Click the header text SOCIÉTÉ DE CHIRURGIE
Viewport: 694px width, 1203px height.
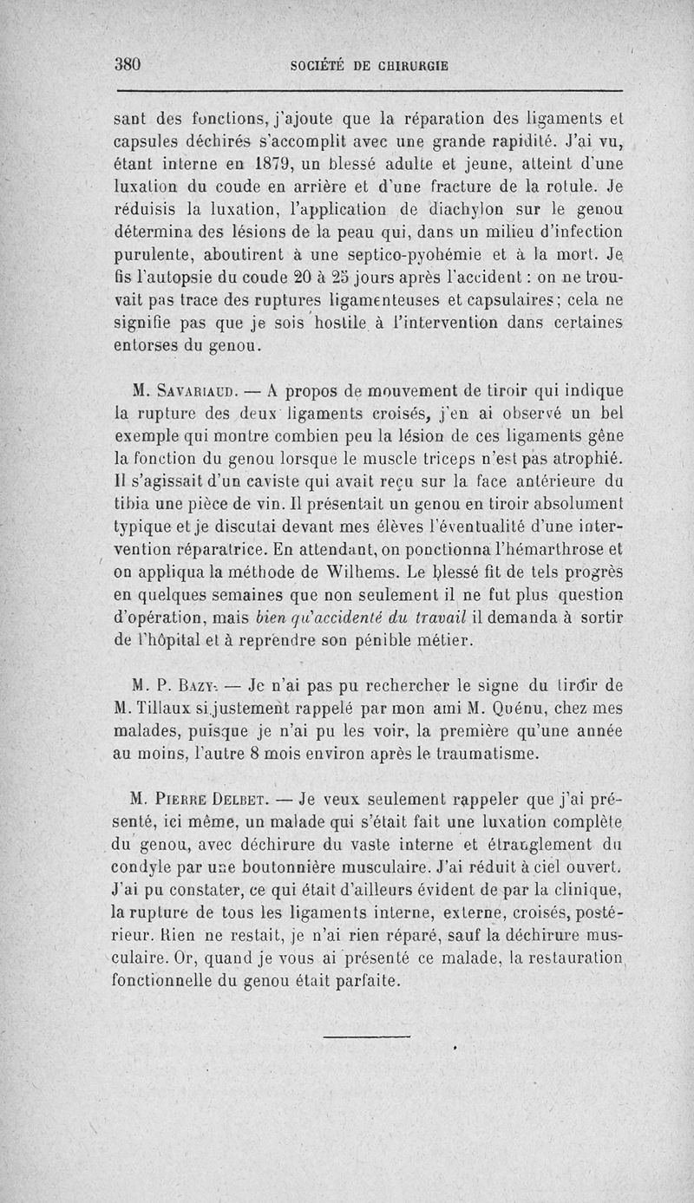pos(369,65)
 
